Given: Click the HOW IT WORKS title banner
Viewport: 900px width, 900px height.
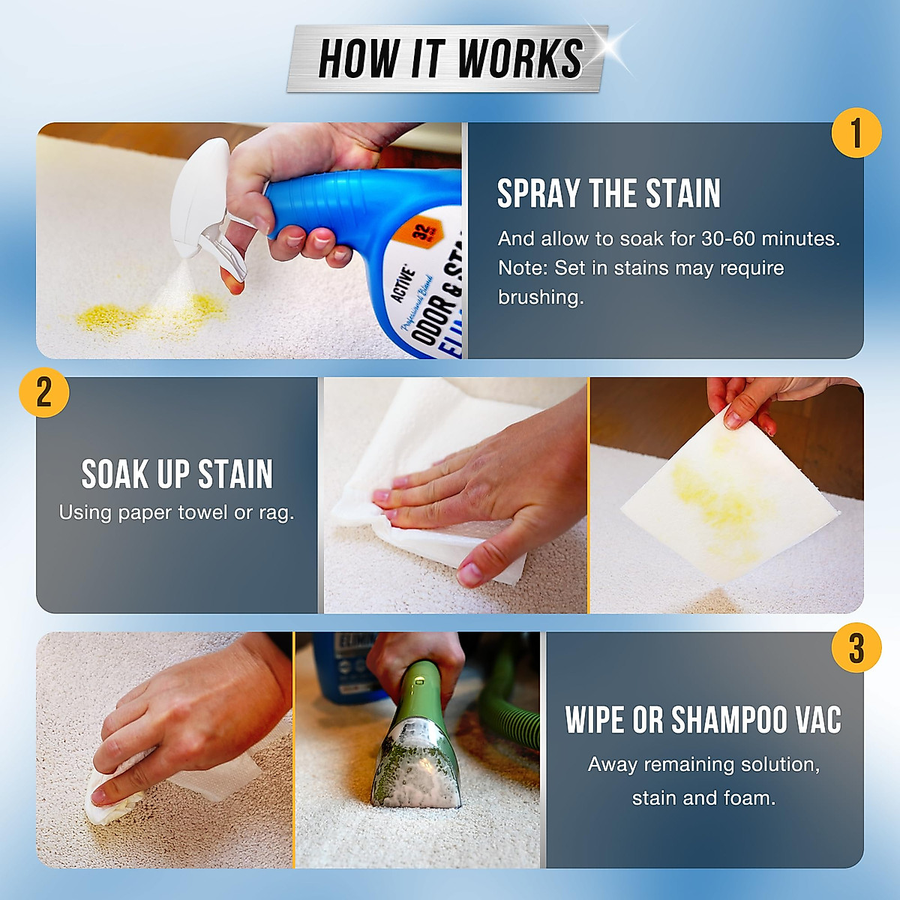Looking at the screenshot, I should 448,58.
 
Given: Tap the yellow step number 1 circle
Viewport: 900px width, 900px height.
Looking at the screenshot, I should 856,133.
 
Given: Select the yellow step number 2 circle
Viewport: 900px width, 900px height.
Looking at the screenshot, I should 44,391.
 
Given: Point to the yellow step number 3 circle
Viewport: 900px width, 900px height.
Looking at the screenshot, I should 856,648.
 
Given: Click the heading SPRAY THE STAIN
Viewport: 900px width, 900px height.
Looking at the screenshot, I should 608,193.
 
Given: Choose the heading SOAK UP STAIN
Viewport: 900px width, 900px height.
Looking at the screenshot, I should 177,474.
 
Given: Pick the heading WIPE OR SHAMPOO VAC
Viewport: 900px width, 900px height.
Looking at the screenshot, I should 703,720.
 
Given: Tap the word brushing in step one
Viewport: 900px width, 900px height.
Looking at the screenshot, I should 540,297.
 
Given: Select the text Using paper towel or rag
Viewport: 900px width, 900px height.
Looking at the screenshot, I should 177,513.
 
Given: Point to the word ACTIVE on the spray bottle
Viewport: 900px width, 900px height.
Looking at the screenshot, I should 402,283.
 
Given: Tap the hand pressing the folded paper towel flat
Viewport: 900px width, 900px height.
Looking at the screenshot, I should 480,487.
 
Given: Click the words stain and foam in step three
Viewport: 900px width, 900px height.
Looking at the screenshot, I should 703,798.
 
